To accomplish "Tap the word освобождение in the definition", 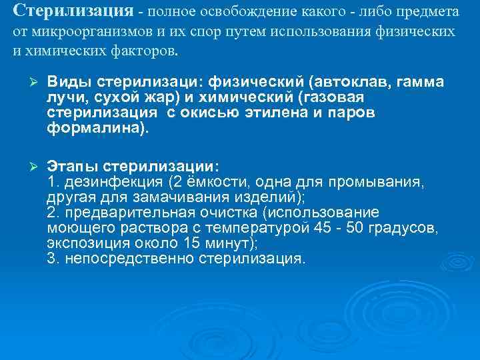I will click(x=228, y=13).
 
